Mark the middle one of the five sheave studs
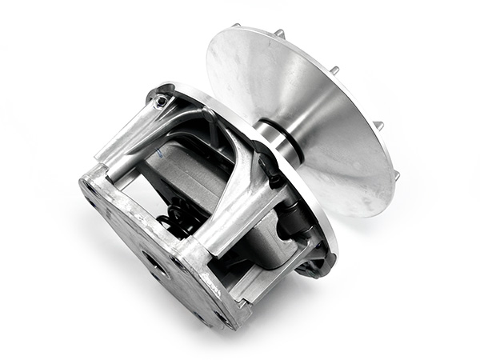334,70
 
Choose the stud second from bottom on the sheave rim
378,125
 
